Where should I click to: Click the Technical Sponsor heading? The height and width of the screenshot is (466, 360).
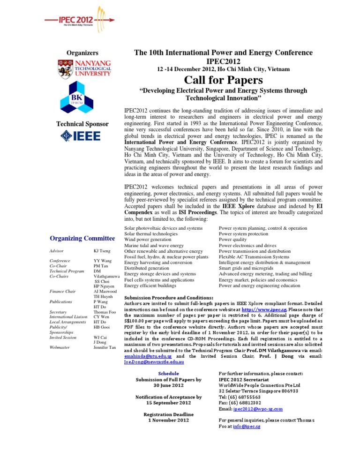[83, 124]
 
